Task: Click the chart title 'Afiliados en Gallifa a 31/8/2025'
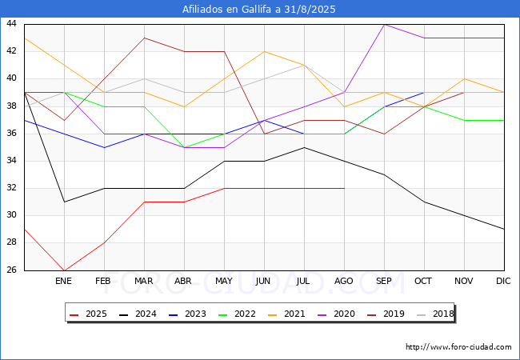tap(259, 10)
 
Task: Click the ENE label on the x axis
tap(63, 282)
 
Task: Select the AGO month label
tap(343, 282)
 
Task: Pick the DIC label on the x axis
tap(503, 282)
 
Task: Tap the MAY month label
tap(223, 282)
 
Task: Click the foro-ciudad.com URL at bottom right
tap(458, 347)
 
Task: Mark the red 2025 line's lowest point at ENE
tap(64, 270)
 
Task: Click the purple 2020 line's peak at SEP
tap(384, 24)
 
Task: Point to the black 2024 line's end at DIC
tap(504, 229)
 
